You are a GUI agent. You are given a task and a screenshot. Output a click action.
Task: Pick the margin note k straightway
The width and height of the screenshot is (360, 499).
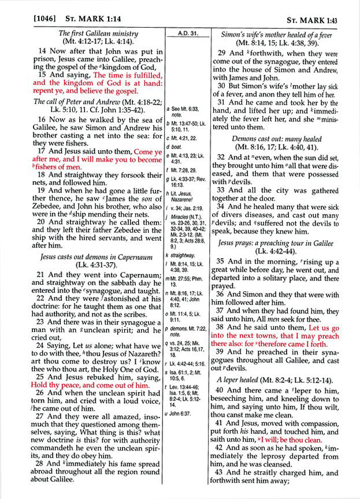188,255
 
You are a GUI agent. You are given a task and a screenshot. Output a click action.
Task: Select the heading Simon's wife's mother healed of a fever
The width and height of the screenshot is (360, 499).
285,33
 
